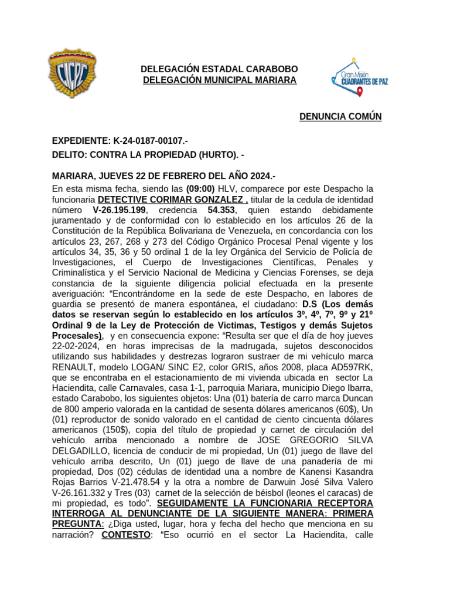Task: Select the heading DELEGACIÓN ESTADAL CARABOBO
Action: (219, 69)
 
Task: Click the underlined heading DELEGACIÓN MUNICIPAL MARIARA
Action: (220, 80)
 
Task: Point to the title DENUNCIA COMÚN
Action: (340, 116)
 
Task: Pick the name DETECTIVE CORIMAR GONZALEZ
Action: (172, 199)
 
